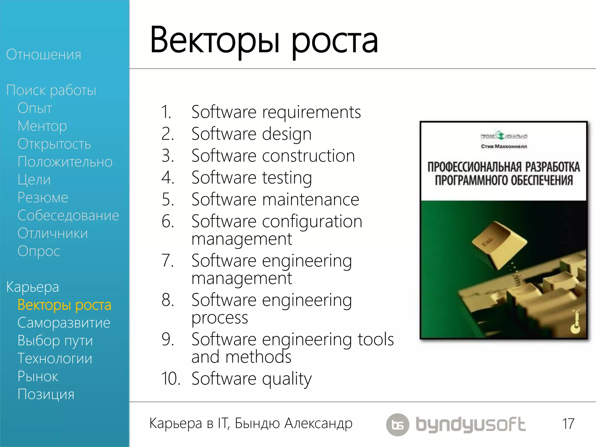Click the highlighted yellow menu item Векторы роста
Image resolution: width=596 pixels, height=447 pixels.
click(64, 305)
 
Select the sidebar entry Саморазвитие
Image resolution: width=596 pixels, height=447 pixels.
click(64, 323)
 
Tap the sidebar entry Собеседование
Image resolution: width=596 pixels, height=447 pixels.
click(68, 215)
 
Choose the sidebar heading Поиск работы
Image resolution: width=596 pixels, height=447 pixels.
click(51, 90)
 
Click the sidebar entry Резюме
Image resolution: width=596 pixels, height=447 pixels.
click(43, 197)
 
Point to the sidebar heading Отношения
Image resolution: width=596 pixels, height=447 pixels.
click(44, 54)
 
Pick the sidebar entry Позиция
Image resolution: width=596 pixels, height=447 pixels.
click(46, 394)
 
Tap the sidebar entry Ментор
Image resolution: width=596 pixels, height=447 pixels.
click(42, 126)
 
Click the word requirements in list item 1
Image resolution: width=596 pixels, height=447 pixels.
click(311, 112)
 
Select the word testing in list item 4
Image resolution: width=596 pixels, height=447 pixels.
click(287, 178)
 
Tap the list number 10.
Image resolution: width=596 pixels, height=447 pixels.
click(171, 379)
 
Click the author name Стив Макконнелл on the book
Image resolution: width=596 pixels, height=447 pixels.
click(504, 146)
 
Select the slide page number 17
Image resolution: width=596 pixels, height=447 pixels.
click(568, 424)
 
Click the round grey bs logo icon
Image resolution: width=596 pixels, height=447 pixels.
click(398, 425)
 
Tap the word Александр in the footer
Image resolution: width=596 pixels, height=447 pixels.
click(318, 423)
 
